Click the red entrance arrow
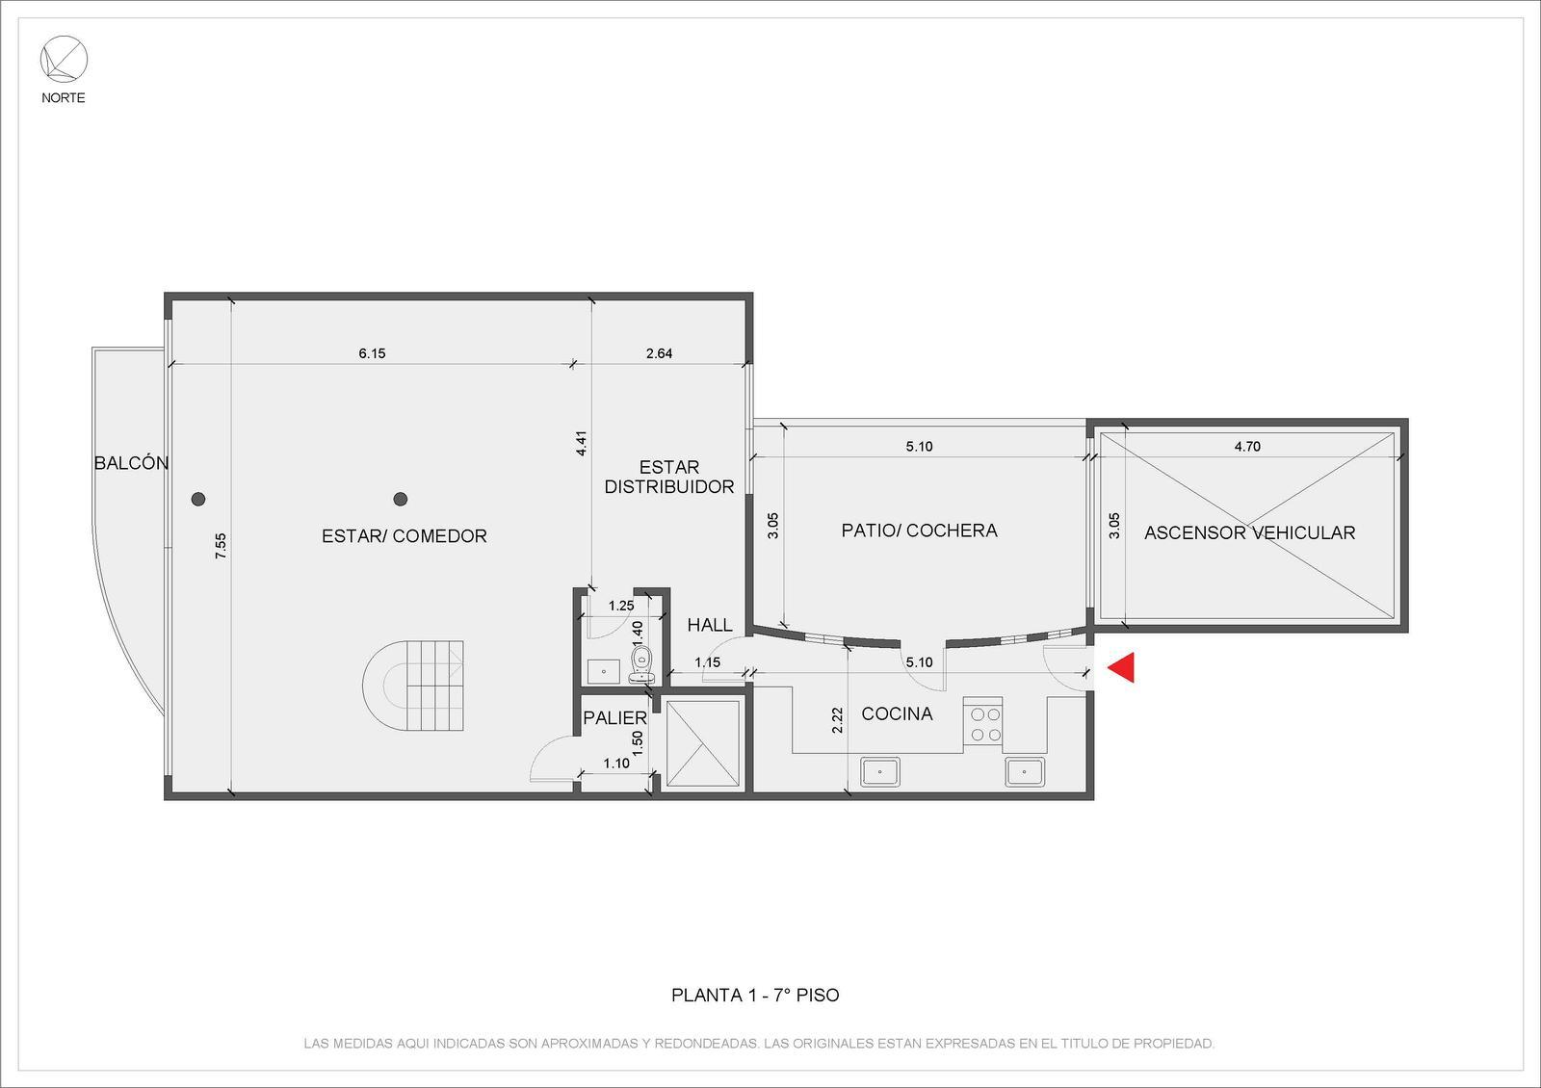[x=1123, y=667]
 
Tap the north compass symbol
[x=64, y=59]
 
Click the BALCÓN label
[x=131, y=463]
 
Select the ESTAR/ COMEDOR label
[x=405, y=535]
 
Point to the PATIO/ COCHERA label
[x=919, y=531]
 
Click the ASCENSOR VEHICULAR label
[x=1249, y=532]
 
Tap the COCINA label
[x=897, y=713]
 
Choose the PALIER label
[x=615, y=718]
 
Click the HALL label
[x=710, y=625]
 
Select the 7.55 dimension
[x=221, y=545]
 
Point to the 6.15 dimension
[x=372, y=353]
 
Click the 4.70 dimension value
[x=1247, y=447]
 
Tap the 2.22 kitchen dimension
[x=837, y=720]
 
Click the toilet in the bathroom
[x=641, y=664]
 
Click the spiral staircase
[x=413, y=686]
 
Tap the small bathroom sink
[x=603, y=671]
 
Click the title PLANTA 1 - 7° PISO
[x=755, y=996]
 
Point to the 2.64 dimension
[x=659, y=353]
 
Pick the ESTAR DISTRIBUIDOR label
[x=669, y=477]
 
